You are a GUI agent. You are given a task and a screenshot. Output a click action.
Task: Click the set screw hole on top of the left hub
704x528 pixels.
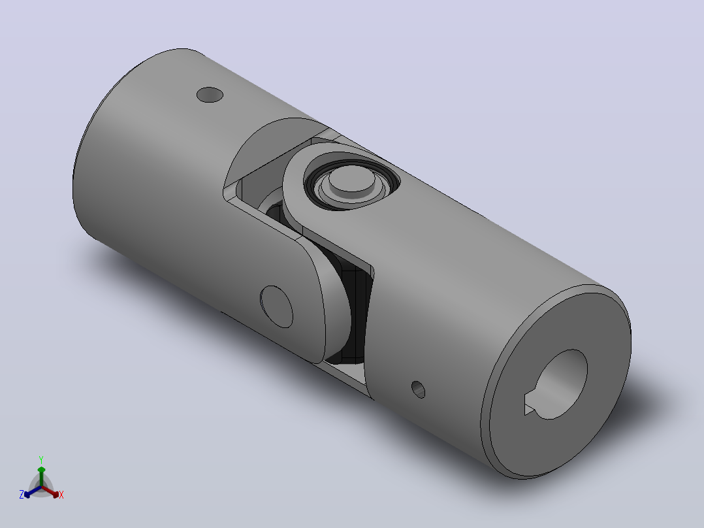(x=210, y=94)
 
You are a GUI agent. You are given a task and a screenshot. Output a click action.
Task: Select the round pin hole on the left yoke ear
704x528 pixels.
(x=277, y=306)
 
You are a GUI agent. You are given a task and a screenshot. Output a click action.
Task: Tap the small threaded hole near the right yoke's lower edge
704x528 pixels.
(x=419, y=389)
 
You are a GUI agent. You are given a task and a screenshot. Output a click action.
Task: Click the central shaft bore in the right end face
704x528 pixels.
(x=559, y=384)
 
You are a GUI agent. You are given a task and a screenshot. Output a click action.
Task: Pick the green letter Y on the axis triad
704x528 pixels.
(x=41, y=459)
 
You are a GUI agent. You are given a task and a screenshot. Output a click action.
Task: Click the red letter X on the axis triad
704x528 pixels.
(x=61, y=495)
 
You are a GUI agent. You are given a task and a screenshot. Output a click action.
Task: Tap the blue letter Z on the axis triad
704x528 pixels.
(x=22, y=495)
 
